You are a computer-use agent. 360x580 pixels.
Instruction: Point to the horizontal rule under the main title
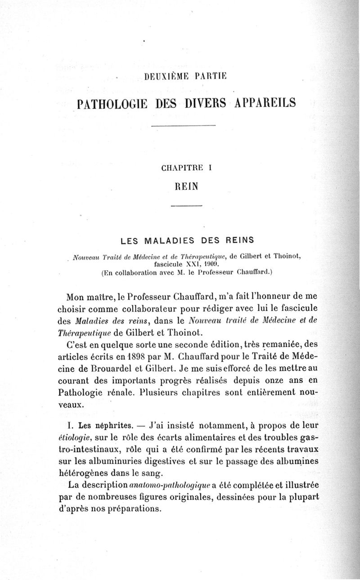pyautogui.click(x=184, y=125)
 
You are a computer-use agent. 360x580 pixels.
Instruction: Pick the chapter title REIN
pyautogui.click(x=187, y=186)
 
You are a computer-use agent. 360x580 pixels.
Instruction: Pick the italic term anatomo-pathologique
pyautogui.click(x=169, y=486)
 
